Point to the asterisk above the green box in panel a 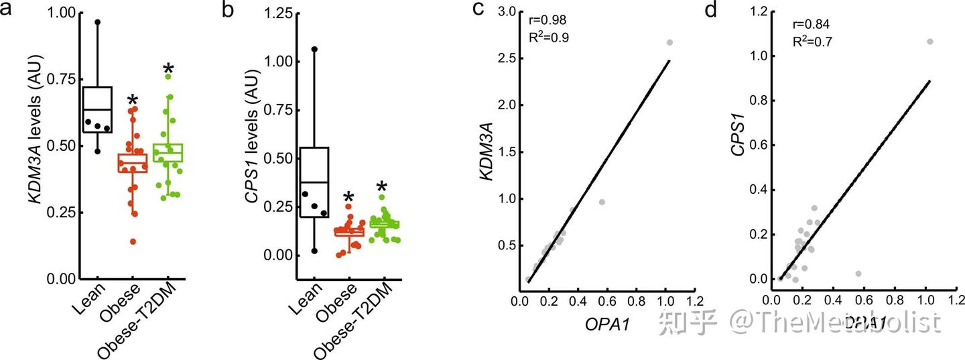point(169,70)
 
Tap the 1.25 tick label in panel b point(277,14)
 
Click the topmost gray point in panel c point(669,42)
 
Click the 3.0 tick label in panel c point(503,12)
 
